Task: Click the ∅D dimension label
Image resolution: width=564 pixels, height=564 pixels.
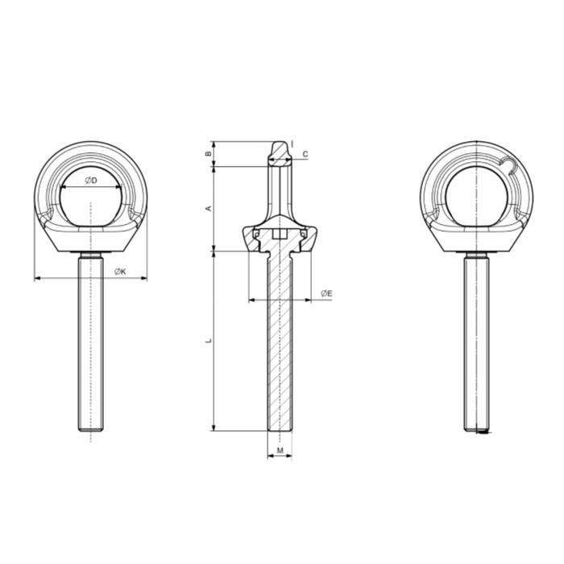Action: click(90, 180)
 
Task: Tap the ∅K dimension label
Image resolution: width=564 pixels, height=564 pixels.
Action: click(119, 272)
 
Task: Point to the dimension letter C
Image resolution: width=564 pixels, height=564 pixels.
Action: click(305, 153)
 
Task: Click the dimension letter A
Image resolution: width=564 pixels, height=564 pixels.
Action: click(209, 208)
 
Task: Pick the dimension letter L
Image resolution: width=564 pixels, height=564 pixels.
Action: click(209, 341)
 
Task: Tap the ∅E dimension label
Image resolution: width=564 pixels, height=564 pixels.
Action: click(326, 293)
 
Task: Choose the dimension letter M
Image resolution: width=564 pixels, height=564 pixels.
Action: click(280, 450)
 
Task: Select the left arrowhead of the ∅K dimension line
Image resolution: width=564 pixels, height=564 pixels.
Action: click(37, 280)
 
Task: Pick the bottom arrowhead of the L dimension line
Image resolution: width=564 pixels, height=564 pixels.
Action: click(214, 427)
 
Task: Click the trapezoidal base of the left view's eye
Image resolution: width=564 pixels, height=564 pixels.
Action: click(91, 238)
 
